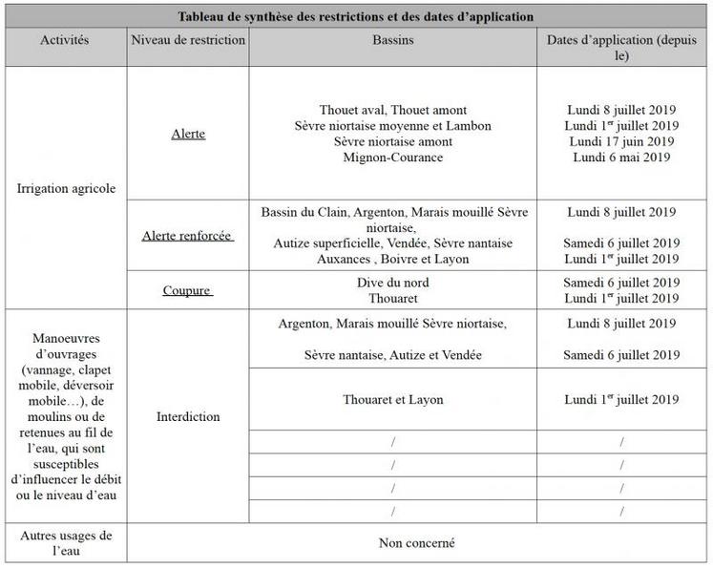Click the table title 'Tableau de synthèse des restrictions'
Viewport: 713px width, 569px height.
pos(356,17)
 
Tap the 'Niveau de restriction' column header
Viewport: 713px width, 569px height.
pos(188,41)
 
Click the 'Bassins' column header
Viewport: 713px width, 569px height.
pos(392,41)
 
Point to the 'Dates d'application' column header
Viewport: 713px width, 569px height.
pos(621,48)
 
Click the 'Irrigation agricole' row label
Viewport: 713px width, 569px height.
pos(66,188)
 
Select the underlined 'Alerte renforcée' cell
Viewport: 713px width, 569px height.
pos(187,235)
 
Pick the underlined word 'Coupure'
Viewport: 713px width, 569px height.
pos(187,290)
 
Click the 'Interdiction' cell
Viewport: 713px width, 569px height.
pos(187,416)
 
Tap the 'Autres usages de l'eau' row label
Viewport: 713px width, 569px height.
pos(66,543)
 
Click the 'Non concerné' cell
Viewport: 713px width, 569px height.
pos(416,543)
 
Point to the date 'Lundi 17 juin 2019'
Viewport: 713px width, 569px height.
pos(621,141)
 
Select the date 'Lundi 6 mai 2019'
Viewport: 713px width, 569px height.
pos(621,158)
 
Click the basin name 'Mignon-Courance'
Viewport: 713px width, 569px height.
pos(392,158)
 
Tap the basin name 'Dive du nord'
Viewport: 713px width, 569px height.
pos(392,283)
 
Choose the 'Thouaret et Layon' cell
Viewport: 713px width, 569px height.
pos(392,399)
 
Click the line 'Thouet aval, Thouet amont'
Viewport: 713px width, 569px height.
pos(392,111)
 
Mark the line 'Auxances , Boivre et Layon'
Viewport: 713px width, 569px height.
pos(392,259)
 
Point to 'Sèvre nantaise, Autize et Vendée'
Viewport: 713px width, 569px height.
pos(392,355)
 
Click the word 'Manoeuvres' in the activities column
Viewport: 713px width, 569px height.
pos(66,339)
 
